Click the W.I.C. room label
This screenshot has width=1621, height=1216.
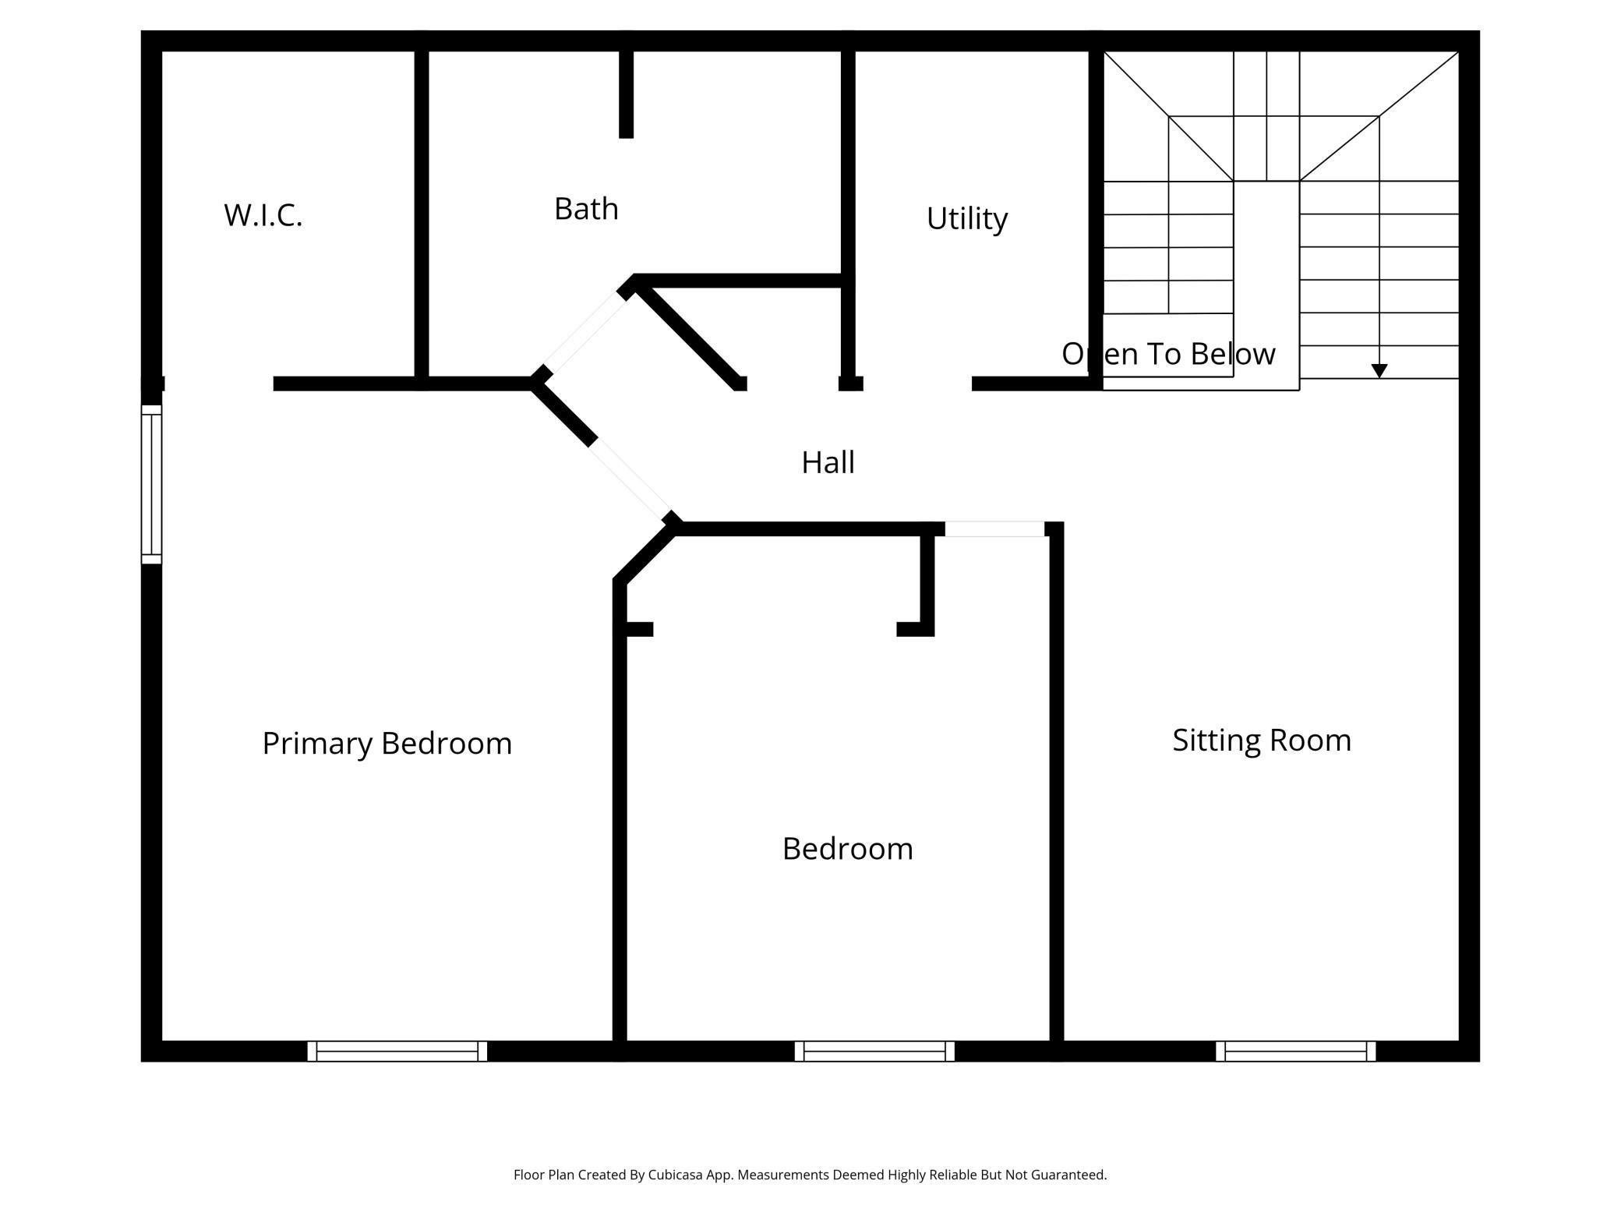pyautogui.click(x=263, y=215)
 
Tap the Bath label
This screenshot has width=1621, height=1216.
pyautogui.click(x=586, y=209)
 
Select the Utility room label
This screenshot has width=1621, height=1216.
pyautogui.click(x=966, y=219)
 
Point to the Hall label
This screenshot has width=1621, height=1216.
pyautogui.click(x=828, y=462)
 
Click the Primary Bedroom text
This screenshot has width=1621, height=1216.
pyautogui.click(x=387, y=744)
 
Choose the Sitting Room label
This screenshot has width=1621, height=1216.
pyautogui.click(x=1262, y=741)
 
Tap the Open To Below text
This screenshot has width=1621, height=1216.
pyautogui.click(x=1168, y=354)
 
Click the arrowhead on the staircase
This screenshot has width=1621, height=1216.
pyautogui.click(x=1379, y=371)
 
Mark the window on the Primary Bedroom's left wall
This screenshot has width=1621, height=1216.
pyautogui.click(x=151, y=484)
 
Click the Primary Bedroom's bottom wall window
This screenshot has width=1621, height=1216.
pyautogui.click(x=397, y=1051)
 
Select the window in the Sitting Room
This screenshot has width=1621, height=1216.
pyautogui.click(x=1295, y=1051)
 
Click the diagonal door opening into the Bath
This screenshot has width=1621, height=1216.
pyautogui.click(x=584, y=333)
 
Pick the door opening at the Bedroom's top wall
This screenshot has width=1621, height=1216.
pyautogui.click(x=994, y=529)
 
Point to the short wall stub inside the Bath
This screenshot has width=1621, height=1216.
pyautogui.click(x=626, y=94)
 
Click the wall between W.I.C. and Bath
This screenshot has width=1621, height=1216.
pyautogui.click(x=422, y=217)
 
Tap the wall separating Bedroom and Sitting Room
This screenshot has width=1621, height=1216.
pyautogui.click(x=1056, y=787)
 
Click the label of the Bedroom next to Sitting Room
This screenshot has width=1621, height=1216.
pyautogui.click(x=847, y=849)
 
